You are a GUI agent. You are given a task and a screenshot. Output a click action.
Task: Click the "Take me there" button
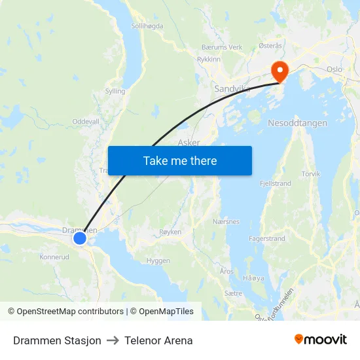[x=179, y=161]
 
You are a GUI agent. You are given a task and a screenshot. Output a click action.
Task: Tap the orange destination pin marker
[x=280, y=71]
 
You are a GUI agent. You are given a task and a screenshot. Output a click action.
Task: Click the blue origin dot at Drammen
[x=80, y=238]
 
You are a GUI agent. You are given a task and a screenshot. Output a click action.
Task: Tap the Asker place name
[x=189, y=142]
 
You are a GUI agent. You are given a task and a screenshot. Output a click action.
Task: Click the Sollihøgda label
[x=147, y=26]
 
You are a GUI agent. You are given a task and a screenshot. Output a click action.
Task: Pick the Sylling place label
[x=115, y=92]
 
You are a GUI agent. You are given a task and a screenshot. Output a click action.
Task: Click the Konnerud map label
[x=54, y=257]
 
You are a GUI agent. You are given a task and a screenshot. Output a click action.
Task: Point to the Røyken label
[x=170, y=232]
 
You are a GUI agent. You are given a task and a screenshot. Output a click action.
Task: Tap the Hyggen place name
[x=158, y=261]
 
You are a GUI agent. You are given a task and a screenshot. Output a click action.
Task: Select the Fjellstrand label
[x=276, y=184]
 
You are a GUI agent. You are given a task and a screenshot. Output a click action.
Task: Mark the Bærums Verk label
[x=222, y=47]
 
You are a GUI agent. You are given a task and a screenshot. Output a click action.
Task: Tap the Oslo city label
[x=334, y=69]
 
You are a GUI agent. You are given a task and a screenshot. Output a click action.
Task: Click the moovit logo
[x=320, y=340]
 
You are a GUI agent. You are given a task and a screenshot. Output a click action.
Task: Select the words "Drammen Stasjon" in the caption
[x=57, y=340]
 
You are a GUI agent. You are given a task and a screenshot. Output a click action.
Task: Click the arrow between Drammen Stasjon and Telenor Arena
[x=113, y=340]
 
